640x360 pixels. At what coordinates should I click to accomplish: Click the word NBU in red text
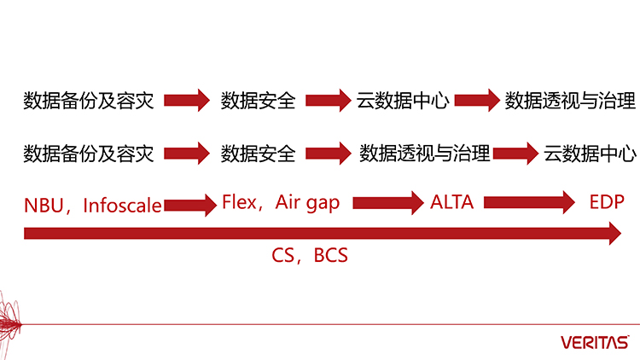click(x=40, y=205)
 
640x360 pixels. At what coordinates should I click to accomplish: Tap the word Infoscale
click(x=123, y=205)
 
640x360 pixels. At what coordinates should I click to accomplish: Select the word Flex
click(x=240, y=202)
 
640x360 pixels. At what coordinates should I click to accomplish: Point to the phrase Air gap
click(x=307, y=202)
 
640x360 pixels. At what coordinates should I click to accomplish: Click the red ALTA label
click(x=451, y=202)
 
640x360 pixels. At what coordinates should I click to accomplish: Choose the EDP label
click(x=607, y=202)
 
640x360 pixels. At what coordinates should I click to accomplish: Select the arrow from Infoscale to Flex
click(x=189, y=205)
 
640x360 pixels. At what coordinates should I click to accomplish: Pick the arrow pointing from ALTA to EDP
click(x=530, y=203)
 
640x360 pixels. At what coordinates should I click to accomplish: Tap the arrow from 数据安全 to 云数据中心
click(x=329, y=101)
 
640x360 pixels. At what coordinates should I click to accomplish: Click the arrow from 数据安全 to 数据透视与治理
click(x=329, y=154)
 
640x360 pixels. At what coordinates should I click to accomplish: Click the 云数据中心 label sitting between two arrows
click(x=403, y=101)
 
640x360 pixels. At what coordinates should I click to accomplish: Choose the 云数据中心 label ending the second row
click(x=590, y=154)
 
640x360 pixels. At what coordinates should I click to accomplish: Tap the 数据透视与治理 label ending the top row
click(x=570, y=101)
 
